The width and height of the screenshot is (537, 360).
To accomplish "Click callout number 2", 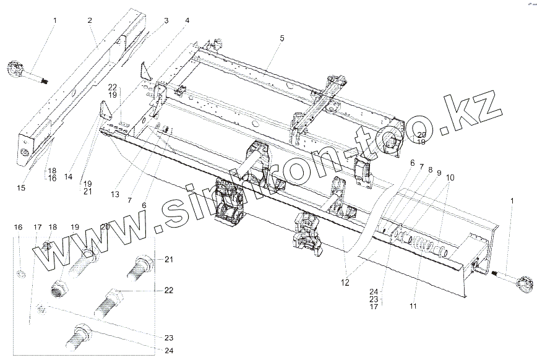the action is pyautogui.click(x=90, y=20).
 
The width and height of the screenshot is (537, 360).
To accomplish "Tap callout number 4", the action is pyautogui.click(x=187, y=20).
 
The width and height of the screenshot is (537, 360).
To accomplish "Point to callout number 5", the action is pyautogui.click(x=281, y=38).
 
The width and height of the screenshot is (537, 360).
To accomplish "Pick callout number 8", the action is pyautogui.click(x=430, y=168).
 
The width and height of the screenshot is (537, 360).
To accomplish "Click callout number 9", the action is pyautogui.click(x=439, y=173).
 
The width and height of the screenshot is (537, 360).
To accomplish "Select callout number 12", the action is pyautogui.click(x=345, y=283).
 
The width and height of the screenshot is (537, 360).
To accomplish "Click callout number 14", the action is pyautogui.click(x=68, y=177).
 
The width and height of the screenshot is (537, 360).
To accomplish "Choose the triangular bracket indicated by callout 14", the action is pyautogui.click(x=107, y=112).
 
